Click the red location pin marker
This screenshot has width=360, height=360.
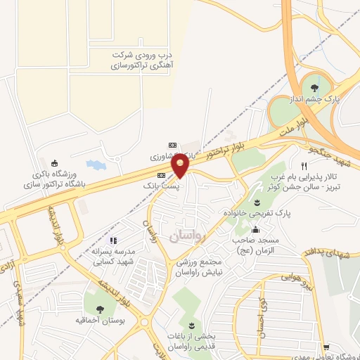click(x=181, y=166)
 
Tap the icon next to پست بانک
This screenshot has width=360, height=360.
click(x=161, y=174)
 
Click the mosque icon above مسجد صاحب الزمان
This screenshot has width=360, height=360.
click(x=255, y=230)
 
